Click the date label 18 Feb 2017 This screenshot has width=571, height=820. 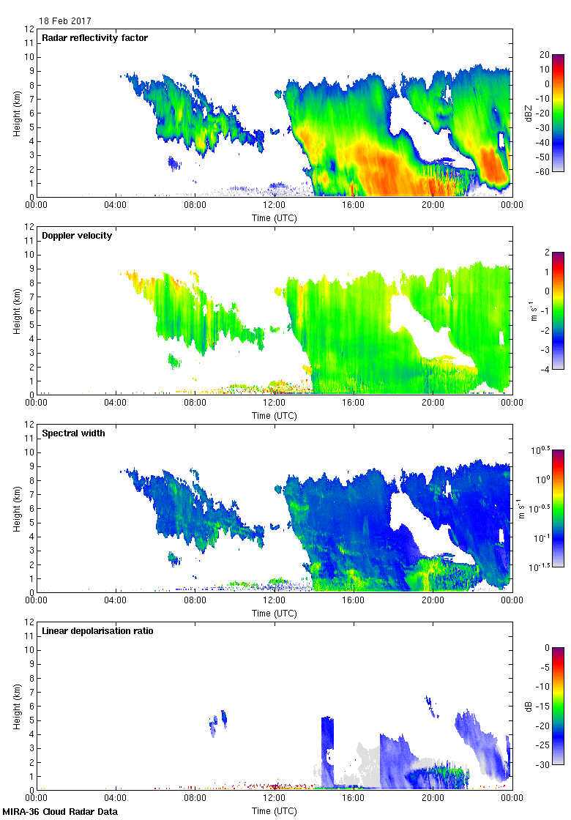tap(65, 21)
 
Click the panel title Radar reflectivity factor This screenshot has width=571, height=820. tap(95, 38)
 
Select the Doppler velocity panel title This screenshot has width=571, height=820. tap(77, 236)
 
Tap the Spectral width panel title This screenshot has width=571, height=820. tap(73, 433)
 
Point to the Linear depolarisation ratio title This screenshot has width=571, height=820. tap(97, 631)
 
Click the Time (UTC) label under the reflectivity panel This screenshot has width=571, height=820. tap(274, 218)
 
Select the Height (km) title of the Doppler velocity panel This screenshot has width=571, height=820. tap(17, 311)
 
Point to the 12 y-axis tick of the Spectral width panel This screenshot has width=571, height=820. tap(29, 425)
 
